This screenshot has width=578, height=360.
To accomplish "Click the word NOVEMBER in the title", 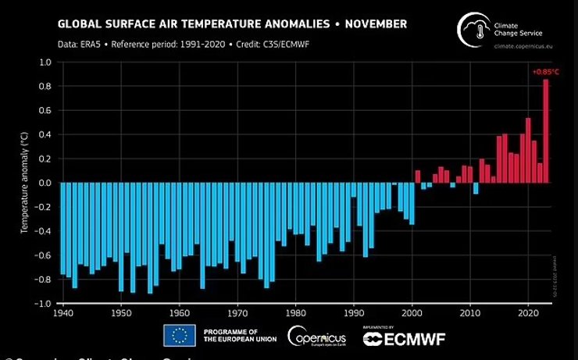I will (367, 24).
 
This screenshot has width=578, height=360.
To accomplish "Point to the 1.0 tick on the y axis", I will (45, 62).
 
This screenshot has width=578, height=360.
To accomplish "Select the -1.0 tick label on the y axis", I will (43, 303).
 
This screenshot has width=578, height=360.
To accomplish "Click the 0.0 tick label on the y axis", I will (45, 183).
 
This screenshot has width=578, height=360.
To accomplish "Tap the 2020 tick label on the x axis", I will (528, 312).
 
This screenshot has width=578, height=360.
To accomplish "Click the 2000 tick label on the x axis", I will (412, 312).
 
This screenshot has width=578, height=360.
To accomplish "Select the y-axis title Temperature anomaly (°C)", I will (25, 183).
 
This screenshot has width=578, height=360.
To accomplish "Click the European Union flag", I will (179, 337).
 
